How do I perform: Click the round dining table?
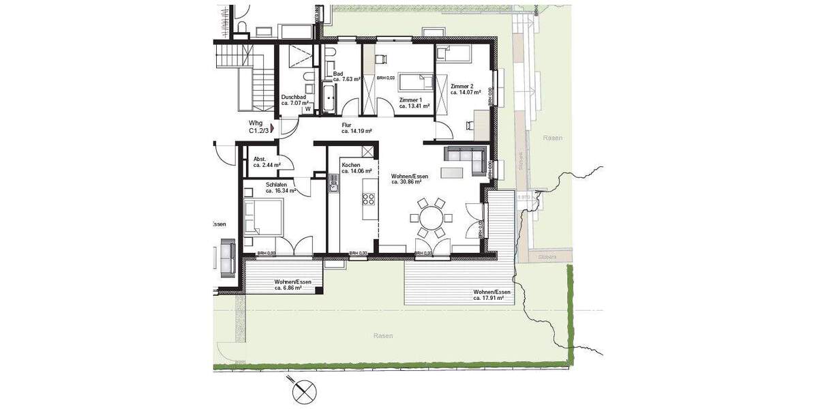[x=430, y=218]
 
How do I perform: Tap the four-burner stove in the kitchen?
[x=368, y=199]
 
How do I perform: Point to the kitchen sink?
[x=334, y=181]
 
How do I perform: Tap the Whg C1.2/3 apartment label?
[x=259, y=126]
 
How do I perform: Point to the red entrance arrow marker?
[x=273, y=127]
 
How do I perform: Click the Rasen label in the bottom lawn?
[x=384, y=336]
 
